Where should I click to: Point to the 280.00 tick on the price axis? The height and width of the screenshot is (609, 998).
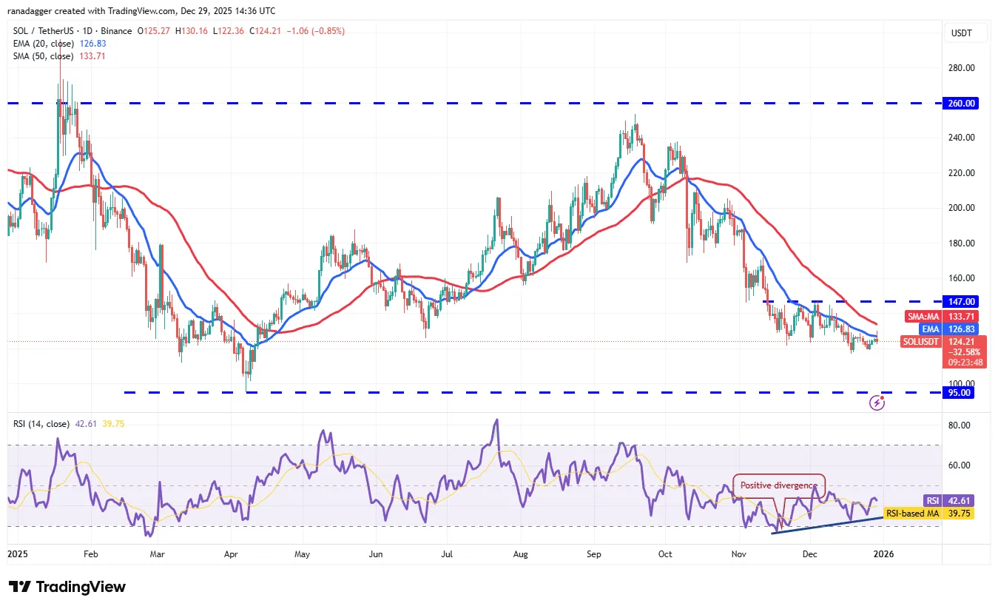tap(962, 68)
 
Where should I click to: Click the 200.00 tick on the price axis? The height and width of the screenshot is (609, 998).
tap(962, 208)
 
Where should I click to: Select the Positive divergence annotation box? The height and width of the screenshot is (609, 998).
tap(778, 485)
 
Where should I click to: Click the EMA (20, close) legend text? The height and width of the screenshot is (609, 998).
tap(42, 44)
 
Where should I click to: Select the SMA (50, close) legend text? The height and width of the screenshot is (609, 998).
tap(42, 56)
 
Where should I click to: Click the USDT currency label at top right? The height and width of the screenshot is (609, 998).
tap(961, 33)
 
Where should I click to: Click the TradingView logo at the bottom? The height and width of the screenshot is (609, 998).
tap(67, 587)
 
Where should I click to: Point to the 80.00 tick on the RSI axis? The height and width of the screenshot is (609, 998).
tap(960, 425)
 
